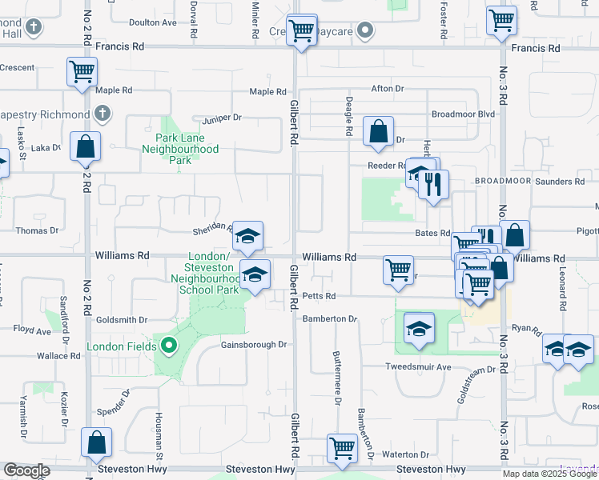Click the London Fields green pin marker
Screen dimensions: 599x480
(x=168, y=346)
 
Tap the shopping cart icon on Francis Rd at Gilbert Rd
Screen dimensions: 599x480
(x=302, y=32)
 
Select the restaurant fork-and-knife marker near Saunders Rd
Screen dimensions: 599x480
(x=433, y=185)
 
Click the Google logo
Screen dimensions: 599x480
(x=26, y=470)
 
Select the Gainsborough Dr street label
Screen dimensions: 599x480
(x=253, y=345)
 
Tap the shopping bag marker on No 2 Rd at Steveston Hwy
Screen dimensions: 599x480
(x=96, y=442)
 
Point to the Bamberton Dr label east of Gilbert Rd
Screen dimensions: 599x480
(x=329, y=318)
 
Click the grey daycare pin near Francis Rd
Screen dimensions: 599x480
(x=365, y=30)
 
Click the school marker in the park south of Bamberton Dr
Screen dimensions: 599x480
(x=418, y=329)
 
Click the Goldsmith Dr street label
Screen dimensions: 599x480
(x=122, y=319)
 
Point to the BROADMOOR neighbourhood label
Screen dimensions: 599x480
(x=502, y=182)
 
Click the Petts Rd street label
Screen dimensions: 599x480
(x=319, y=296)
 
